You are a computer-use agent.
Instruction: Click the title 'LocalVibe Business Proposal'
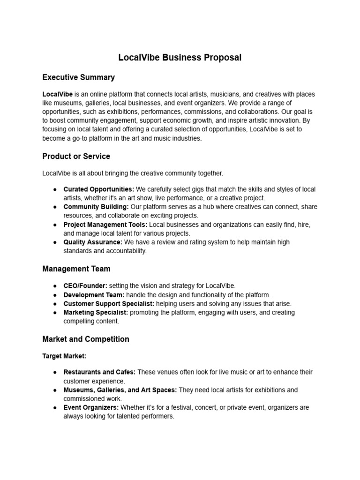180,58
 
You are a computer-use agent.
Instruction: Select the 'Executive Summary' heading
78,77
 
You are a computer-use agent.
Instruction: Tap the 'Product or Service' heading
76,156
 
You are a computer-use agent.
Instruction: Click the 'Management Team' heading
76,269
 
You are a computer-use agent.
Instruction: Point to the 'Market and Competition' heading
86,339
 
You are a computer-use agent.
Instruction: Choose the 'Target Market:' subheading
64,356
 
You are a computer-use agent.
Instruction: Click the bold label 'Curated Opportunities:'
98,189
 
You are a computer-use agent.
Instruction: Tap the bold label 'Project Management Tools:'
105,225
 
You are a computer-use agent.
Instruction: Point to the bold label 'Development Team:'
94,295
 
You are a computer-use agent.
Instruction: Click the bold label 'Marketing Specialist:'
96,313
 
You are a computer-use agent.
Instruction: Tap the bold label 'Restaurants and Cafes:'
99,372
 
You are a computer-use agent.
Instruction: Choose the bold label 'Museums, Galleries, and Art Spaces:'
120,390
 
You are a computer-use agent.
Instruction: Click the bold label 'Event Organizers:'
91,408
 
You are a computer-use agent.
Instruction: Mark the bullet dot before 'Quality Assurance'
55,242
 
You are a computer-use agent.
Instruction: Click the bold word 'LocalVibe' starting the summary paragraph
57,94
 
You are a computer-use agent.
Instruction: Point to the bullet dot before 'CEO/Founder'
55,286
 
